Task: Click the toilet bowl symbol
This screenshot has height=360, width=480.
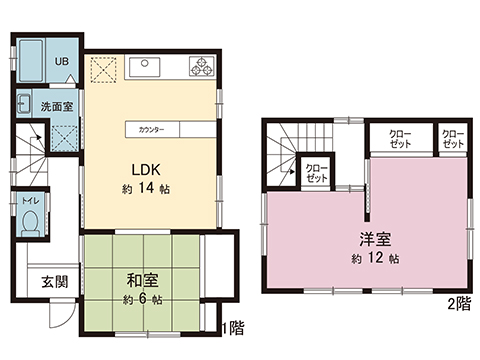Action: (31, 220)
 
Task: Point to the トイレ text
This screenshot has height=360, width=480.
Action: (31, 198)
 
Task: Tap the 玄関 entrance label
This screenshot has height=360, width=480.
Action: (54, 281)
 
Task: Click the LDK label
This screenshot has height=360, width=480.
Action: (139, 167)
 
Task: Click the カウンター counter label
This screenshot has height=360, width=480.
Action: (151, 130)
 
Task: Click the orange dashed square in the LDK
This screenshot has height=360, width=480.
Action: (103, 69)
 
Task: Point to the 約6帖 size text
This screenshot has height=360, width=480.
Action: (144, 299)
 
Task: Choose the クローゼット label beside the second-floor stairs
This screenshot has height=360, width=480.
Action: (316, 172)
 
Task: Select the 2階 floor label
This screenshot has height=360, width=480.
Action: (458, 302)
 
